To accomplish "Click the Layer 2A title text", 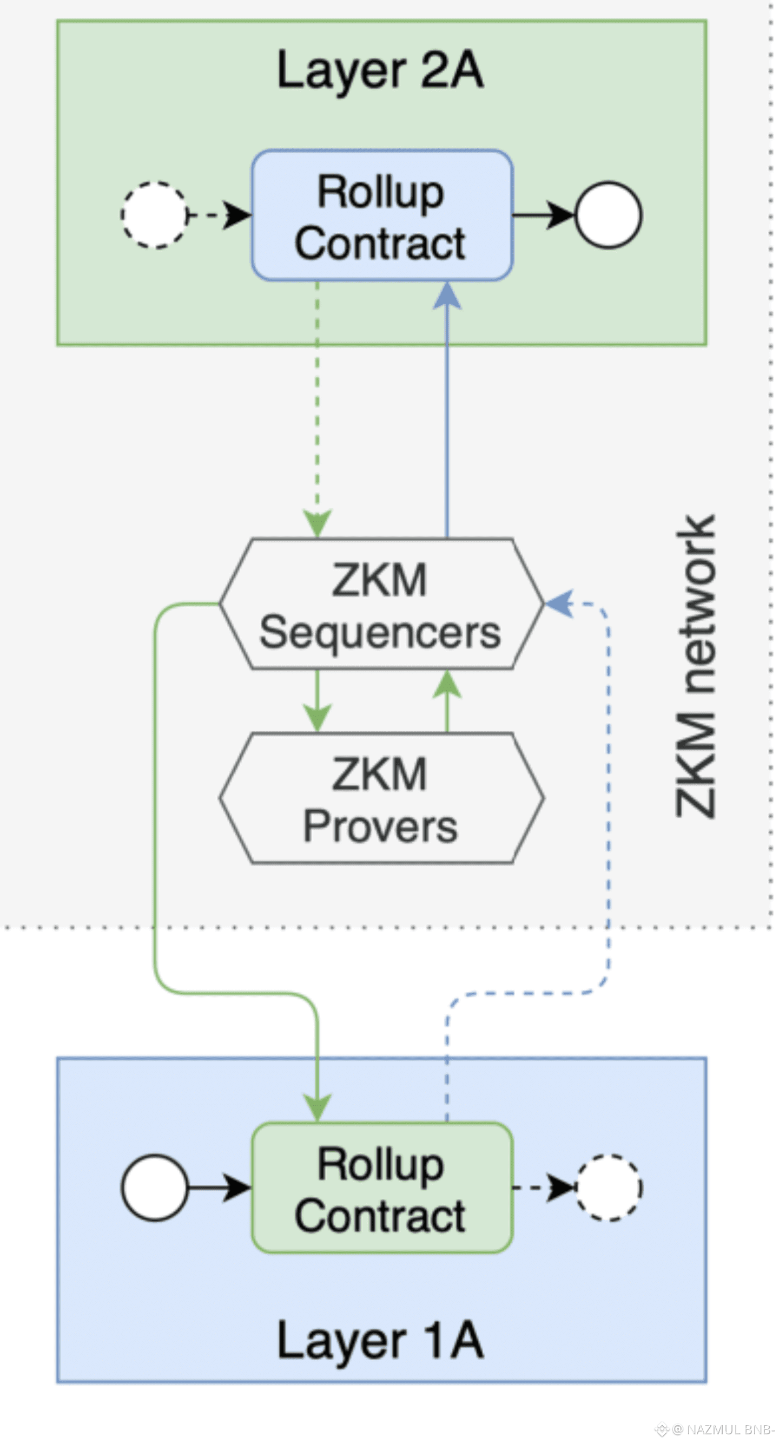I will pos(380,70).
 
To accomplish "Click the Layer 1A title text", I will pos(380,1340).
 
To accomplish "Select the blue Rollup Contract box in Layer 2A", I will pos(382,215).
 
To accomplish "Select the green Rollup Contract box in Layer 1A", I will pos(382,1188).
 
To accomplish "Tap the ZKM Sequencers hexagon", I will pos(381,604).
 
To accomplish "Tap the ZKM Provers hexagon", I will pos(381,798).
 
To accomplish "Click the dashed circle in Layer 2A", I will pos(155,215).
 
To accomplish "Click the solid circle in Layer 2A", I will pos(609,215).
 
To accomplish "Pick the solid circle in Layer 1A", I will pos(155,1188).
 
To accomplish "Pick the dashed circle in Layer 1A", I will pos(609,1188).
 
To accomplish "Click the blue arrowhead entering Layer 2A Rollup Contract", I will pos(447,295).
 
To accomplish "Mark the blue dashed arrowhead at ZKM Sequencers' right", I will pos(559,604).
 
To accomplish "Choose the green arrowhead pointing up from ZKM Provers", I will pos(447,685).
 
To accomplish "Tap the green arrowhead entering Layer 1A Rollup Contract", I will pos(318,1107).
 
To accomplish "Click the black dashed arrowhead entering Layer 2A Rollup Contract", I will pos(237,215).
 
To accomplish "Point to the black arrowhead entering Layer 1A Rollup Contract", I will pos(237,1188).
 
